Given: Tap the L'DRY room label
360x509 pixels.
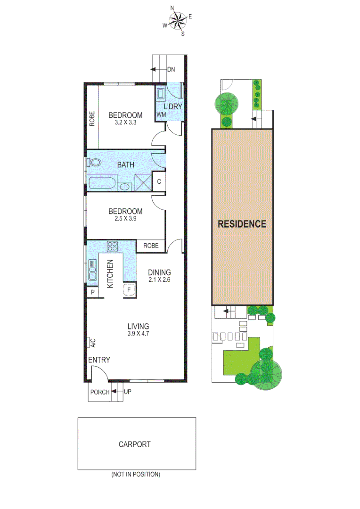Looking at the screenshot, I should pos(172,107).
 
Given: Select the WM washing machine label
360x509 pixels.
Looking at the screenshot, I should pos(162,115).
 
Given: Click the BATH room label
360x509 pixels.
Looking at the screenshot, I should pos(126,165).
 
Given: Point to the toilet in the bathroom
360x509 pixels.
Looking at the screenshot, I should pos(95,163).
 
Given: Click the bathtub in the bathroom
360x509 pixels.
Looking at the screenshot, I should pos(101,183).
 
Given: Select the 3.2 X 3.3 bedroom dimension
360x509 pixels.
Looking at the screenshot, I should pos(125,123).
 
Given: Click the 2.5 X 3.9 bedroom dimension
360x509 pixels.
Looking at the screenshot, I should pos(125,219).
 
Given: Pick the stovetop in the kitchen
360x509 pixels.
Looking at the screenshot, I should pos(113,246).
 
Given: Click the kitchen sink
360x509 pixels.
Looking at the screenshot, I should pos(92,272).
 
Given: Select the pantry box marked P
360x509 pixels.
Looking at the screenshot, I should pos(92,292).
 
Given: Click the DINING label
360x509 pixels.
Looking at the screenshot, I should pos(159,272).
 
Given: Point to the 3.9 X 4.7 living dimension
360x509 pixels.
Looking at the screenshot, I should pos(139,334).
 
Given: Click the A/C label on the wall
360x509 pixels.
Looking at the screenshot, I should pos(92,343).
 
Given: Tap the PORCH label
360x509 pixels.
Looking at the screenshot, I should pos(100,392).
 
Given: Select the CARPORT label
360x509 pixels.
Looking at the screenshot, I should pos(135,444).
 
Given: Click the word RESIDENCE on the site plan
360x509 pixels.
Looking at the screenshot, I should pos(242,224).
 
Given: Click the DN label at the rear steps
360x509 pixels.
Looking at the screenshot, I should pos(171,69).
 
